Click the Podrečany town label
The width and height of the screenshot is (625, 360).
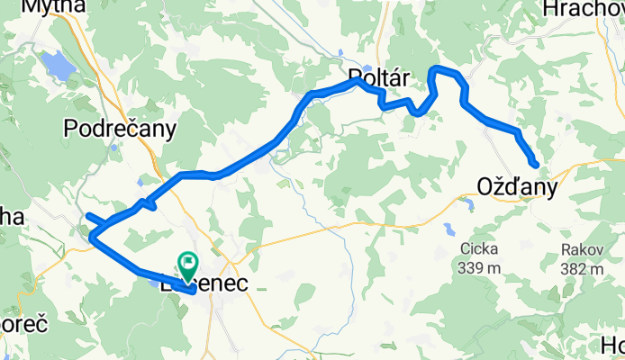(120, 130)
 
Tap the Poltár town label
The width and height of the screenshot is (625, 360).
(378, 78)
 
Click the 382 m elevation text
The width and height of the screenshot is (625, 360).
(580, 270)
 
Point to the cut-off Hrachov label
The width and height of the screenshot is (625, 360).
(584, 8)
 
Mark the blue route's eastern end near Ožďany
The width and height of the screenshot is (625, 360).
(536, 165)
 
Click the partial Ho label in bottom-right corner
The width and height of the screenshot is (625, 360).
(611, 346)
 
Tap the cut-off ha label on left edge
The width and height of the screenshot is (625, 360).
(11, 218)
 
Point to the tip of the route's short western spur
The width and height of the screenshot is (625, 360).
(88, 216)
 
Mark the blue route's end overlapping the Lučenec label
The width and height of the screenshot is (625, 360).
(194, 291)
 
